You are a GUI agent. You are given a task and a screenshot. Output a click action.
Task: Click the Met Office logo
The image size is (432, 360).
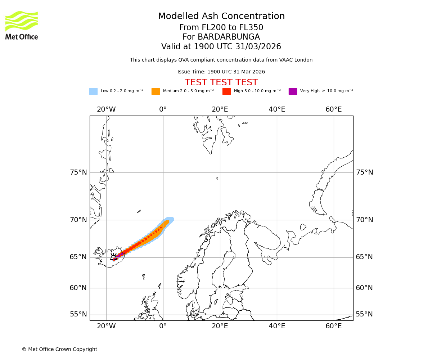22,25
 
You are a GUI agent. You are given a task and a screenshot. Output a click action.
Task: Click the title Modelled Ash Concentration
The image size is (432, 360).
221,16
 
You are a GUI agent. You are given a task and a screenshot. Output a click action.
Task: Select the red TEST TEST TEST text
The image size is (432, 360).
221,82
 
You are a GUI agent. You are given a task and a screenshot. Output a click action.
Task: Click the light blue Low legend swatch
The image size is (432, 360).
93,91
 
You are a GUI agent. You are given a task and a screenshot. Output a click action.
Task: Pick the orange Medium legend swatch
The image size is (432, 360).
156,91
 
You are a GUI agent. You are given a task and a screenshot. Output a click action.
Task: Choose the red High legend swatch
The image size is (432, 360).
226,91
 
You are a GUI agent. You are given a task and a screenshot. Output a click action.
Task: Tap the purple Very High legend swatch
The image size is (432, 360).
293,91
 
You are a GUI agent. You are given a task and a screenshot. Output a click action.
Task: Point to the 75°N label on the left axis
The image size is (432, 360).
78,172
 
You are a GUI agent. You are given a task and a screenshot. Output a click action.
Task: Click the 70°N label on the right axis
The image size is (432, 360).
364,220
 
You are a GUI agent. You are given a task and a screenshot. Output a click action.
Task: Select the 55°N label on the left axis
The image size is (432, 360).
78,314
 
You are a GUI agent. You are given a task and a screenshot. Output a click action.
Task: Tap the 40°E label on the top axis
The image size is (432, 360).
277,109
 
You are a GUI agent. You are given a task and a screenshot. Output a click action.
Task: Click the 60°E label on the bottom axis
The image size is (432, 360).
334,326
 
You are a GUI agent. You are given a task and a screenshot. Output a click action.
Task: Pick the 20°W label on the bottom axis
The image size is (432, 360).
106,326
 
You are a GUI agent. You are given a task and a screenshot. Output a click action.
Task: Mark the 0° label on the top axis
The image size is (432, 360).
163,109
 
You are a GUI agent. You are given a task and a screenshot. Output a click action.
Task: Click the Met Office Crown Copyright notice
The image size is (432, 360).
59,349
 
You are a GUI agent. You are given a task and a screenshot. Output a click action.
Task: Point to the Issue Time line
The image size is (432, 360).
221,72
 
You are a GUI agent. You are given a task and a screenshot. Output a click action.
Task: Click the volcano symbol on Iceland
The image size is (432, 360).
114,257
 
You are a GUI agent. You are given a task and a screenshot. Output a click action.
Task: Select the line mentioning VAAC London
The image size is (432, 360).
221,60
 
